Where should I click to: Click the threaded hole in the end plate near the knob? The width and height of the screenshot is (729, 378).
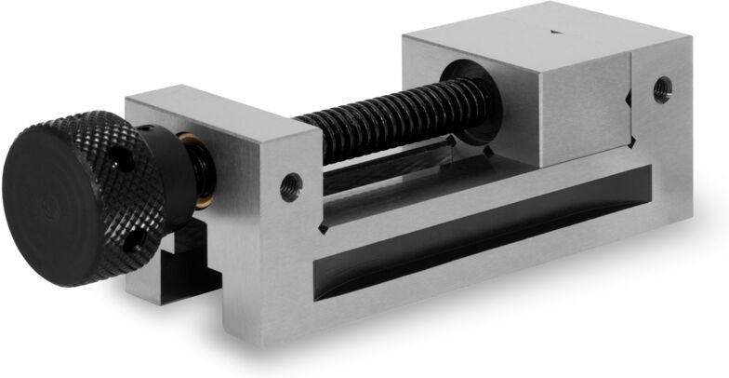pyautogui.click(x=290, y=185)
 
